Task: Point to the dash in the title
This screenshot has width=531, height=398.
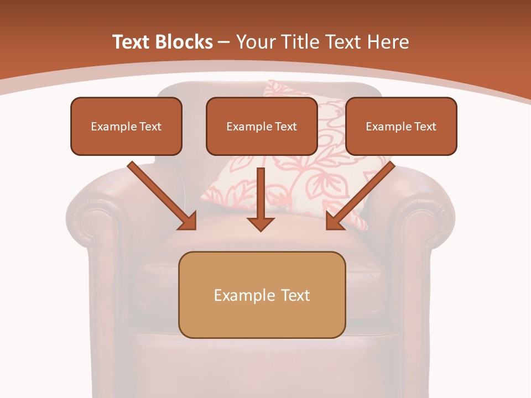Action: pyautogui.click(x=224, y=43)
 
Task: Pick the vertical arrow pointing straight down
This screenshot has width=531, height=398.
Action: pyautogui.click(x=261, y=199)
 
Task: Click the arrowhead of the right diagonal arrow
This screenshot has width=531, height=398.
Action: pyautogui.click(x=335, y=221)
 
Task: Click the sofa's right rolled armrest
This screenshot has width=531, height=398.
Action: pyautogui.click(x=429, y=221)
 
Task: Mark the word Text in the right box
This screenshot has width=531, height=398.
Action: pyautogui.click(x=425, y=127)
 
